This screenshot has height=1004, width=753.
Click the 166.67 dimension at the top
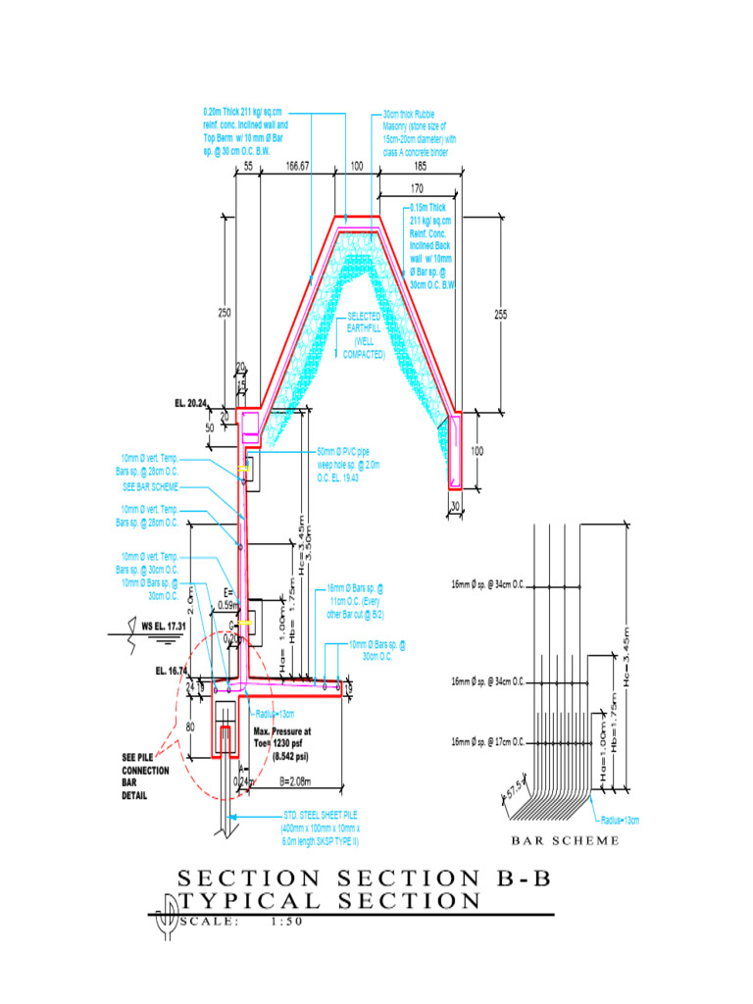pyautogui.click(x=297, y=167)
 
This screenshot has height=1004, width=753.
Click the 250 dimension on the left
pyautogui.click(x=225, y=312)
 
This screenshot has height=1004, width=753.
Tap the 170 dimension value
pyautogui.click(x=417, y=188)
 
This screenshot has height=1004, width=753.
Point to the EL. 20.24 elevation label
pyautogui.click(x=193, y=402)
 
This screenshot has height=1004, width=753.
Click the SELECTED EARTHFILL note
pyautogui.click(x=363, y=335)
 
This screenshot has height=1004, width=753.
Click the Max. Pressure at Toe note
pyautogui.click(x=282, y=744)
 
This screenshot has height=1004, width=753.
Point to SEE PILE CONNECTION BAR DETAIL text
pyautogui.click(x=145, y=776)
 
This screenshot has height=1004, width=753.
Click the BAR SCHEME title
pyautogui.click(x=566, y=841)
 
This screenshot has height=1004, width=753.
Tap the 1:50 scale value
pyautogui.click(x=287, y=922)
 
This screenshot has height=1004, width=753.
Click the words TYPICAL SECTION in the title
pyautogui.click(x=328, y=901)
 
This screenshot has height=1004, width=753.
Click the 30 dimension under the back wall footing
pyautogui.click(x=455, y=506)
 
